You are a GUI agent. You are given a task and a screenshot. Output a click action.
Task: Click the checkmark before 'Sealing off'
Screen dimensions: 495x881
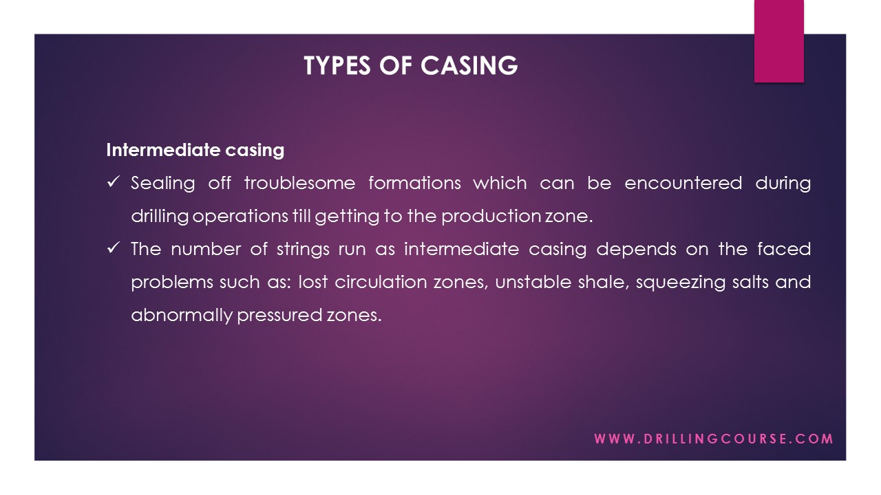[114, 182]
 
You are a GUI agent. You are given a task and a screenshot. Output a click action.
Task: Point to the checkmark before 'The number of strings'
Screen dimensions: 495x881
[114, 248]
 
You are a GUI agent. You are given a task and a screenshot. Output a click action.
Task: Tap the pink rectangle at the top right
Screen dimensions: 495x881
[778, 41]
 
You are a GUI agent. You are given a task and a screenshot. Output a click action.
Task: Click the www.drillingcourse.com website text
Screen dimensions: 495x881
[714, 439]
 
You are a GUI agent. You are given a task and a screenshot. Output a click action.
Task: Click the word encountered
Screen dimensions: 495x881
[683, 184]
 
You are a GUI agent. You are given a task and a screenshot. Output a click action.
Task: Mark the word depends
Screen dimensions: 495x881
[636, 250]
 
